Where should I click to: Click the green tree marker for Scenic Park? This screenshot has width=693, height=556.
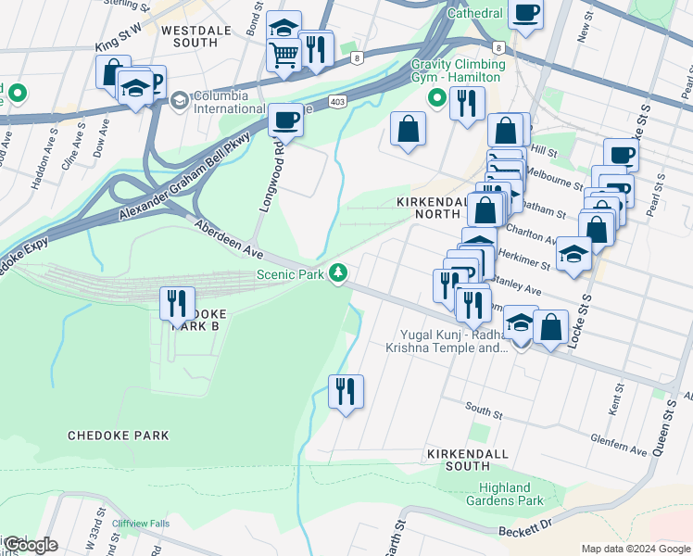tap(340, 272)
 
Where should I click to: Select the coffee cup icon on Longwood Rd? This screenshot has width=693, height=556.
tap(285, 120)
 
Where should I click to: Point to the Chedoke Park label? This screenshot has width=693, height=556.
tap(118, 435)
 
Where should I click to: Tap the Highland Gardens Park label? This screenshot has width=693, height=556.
tap(510, 494)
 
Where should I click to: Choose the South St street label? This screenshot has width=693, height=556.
tap(483, 408)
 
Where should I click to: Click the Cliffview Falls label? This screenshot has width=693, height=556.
tap(141, 524)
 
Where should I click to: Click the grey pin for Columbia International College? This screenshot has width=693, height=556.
tap(178, 99)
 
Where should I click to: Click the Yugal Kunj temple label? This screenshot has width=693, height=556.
tap(447, 341)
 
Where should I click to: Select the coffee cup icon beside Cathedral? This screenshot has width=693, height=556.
tap(525, 14)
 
